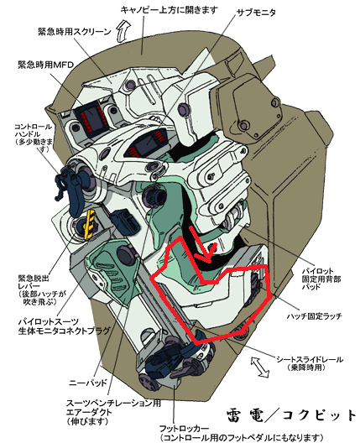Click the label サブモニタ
pyautogui.click(x=256, y=13)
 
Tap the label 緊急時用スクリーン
pyautogui.click(x=75, y=31)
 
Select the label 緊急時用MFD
pyautogui.click(x=46, y=65)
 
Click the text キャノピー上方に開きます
pyautogui.click(x=170, y=10)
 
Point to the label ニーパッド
pyautogui.click(x=88, y=383)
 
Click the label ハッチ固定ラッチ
pyautogui.click(x=314, y=315)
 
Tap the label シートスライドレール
pyautogui.click(x=310, y=359)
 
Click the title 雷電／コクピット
pyautogui.click(x=291, y=415)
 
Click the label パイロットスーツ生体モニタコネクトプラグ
pyautogui.click(x=64, y=326)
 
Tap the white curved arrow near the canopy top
pyautogui.click(x=123, y=30)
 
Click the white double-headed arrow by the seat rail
pyautogui.click(x=260, y=367)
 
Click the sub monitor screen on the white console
pyautogui.click(x=146, y=143)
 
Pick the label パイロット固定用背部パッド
pyautogui.click(x=321, y=279)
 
